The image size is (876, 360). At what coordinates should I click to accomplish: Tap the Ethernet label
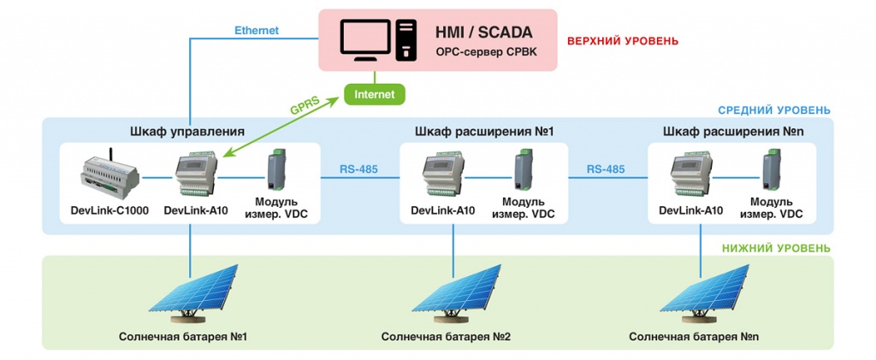click(257, 31)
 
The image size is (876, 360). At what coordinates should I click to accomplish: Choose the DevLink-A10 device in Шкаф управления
click(195, 175)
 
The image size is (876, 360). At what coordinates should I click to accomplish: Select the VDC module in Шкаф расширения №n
click(774, 171)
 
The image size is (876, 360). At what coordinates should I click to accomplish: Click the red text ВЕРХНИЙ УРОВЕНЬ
click(623, 40)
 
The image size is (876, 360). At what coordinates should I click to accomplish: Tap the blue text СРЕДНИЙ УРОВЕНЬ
click(773, 110)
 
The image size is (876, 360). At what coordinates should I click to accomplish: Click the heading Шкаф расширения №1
click(485, 132)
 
